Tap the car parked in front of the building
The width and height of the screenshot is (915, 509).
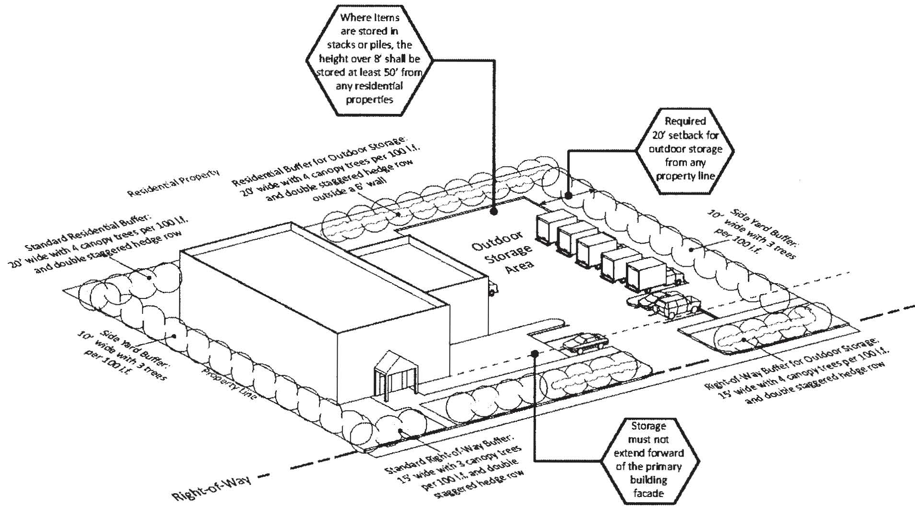coord(585,343)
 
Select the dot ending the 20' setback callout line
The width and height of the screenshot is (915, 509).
coord(568,196)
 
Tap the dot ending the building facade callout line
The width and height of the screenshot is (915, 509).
coord(535,354)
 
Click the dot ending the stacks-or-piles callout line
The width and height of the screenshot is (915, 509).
coord(494,211)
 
